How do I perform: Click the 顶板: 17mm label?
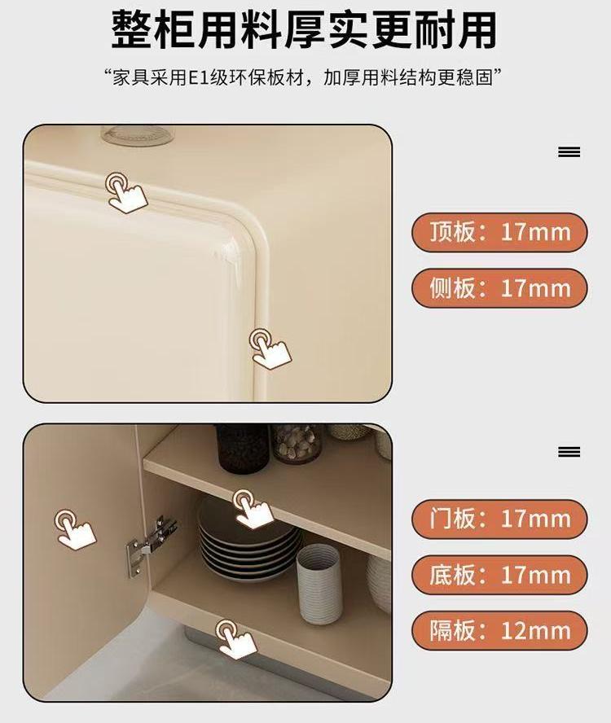(x=499, y=232)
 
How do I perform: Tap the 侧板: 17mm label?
(x=499, y=288)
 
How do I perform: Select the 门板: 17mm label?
(x=499, y=519)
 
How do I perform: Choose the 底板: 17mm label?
(x=499, y=575)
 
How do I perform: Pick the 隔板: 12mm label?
(x=499, y=630)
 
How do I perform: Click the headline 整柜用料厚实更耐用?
(x=304, y=30)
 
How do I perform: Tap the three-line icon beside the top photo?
(x=569, y=151)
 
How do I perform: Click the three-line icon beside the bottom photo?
(x=569, y=452)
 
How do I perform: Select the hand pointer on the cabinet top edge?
(x=125, y=193)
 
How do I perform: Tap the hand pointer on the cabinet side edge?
(x=270, y=348)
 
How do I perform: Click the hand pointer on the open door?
(x=74, y=529)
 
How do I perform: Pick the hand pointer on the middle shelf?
(x=252, y=509)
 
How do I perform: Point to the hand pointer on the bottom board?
(x=235, y=639)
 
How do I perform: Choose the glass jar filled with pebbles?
(x=297, y=444)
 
